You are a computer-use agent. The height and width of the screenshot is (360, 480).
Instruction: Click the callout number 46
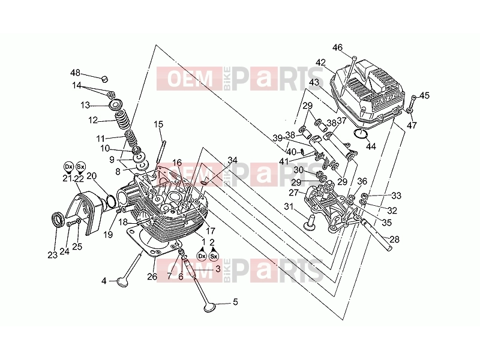(337, 48)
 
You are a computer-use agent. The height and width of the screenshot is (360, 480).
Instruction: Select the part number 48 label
(76, 73)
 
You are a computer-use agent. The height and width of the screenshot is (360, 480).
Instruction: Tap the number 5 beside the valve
(235, 302)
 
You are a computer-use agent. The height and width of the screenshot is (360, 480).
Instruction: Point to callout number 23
(53, 254)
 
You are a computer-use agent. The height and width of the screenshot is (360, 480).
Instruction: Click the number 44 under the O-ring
(371, 146)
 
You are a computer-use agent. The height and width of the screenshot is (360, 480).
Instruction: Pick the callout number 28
(395, 239)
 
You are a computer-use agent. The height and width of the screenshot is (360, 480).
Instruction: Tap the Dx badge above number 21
(68, 167)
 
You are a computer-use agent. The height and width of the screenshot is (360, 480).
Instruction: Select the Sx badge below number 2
(214, 256)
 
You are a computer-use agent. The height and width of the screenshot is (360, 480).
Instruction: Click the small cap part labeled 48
(105, 79)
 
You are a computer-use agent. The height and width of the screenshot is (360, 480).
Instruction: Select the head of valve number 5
(210, 308)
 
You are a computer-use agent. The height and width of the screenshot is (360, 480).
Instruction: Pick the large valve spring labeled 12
(122, 120)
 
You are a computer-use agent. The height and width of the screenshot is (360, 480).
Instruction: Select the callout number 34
(232, 160)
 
